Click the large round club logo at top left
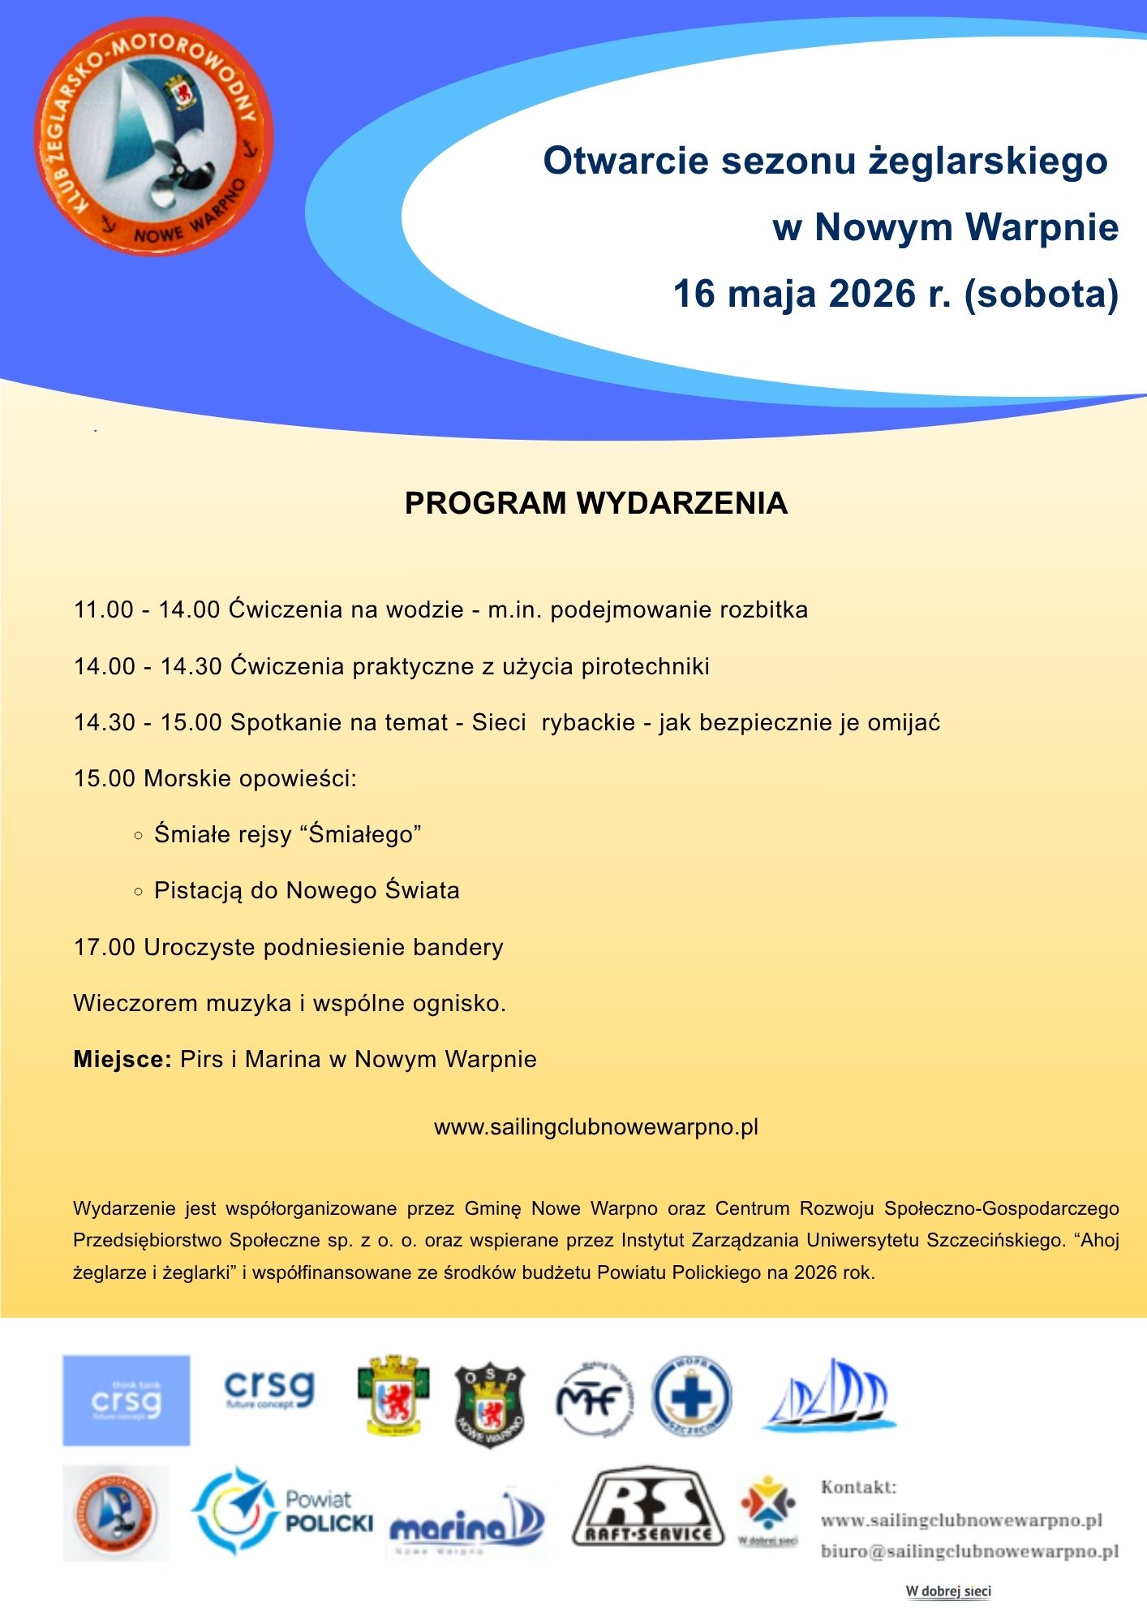[x=153, y=136]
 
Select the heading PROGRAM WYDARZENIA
[x=596, y=503]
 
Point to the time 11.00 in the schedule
[x=103, y=609]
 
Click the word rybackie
[x=588, y=722]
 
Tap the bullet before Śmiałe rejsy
[x=138, y=835]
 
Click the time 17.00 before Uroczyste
[x=104, y=947]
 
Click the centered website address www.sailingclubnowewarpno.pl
[x=596, y=1127]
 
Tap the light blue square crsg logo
[x=127, y=1400]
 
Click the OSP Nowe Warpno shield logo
[x=489, y=1405]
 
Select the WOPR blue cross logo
[x=691, y=1397]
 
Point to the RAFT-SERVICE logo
[x=647, y=1508]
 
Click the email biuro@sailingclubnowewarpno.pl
[x=969, y=1552]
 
